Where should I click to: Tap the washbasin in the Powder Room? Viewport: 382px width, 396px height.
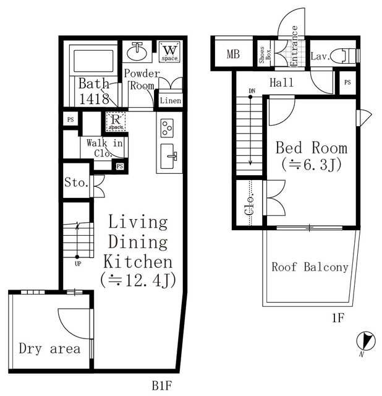137,51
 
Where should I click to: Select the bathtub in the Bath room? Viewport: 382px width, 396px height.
93,61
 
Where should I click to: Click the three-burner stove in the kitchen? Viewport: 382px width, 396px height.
167,128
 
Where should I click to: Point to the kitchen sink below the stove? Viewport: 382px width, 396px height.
168,157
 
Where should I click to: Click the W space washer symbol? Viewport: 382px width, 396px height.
169,52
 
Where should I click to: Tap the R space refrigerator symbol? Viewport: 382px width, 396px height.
116,122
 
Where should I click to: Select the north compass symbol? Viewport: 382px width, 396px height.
365,342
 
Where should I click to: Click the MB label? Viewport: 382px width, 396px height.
233,54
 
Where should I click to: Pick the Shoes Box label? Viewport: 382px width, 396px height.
265,54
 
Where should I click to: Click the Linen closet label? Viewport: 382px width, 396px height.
171,100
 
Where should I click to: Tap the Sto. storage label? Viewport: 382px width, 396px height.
76,183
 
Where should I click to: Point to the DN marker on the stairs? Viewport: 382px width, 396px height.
252,91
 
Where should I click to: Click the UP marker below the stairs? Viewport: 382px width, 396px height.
78,264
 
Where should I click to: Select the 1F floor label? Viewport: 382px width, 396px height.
337,317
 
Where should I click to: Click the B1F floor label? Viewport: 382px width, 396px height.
162,385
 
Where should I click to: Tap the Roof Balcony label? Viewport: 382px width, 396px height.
310,267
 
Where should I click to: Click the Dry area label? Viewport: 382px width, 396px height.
49,349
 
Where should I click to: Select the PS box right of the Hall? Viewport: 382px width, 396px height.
347,82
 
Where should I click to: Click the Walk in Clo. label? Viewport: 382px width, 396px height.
104,148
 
